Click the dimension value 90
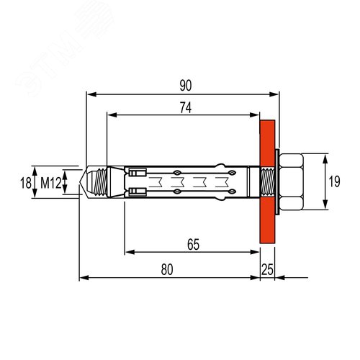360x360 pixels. pos(186,86)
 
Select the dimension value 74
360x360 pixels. pos(186,108)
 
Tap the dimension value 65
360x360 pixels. pos(193,245)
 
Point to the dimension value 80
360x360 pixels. pos(167,269)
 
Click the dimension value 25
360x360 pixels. pos(267,269)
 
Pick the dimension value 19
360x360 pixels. pos(334,181)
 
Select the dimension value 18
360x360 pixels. pos(26,183)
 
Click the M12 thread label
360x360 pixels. pos(51,183)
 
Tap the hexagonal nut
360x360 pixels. pos(291,181)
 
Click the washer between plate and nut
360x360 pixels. pos(277,181)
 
